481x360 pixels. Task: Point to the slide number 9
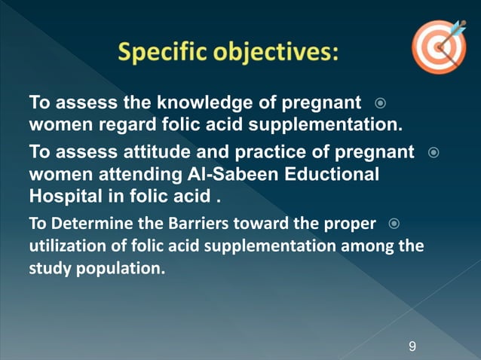(x=412, y=346)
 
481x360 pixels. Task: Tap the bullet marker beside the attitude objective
(x=433, y=153)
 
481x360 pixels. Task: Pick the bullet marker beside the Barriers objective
(x=394, y=224)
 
